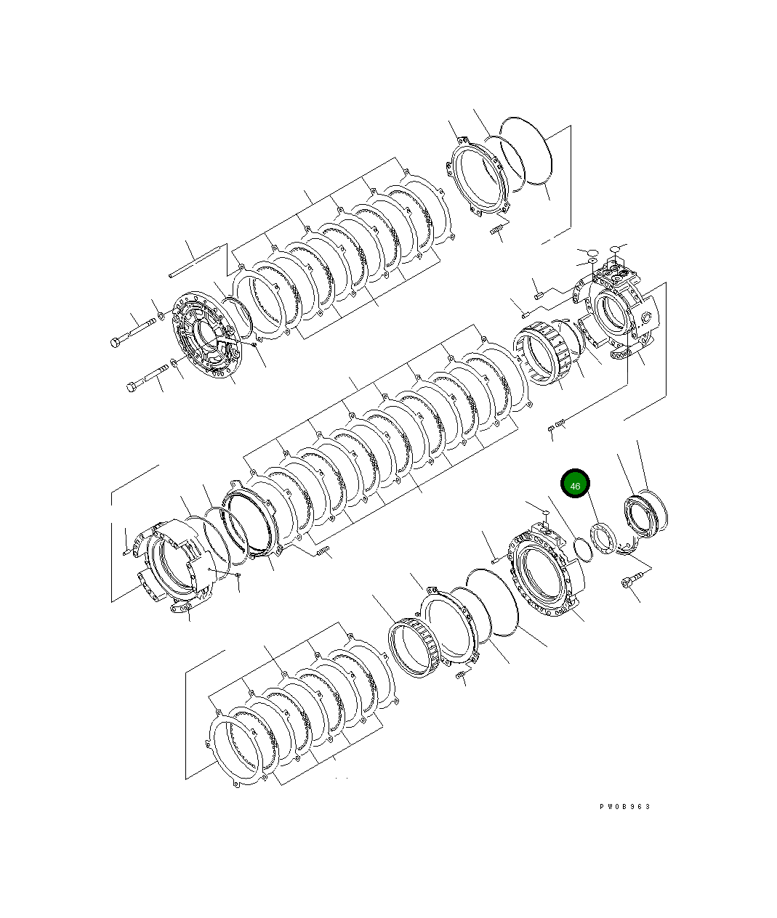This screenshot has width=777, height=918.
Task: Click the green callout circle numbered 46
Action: pos(575,484)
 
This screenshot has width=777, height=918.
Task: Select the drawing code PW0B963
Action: pos(625,807)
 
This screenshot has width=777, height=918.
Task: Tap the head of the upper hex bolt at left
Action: pos(117,342)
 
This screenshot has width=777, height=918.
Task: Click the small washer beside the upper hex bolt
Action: pos(159,316)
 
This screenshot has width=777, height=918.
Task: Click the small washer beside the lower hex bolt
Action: pos(174,362)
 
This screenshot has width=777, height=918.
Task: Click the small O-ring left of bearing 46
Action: pos(581,550)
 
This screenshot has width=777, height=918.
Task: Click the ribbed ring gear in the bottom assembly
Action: pos(414,648)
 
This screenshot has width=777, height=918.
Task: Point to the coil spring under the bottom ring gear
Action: pos(460,677)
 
